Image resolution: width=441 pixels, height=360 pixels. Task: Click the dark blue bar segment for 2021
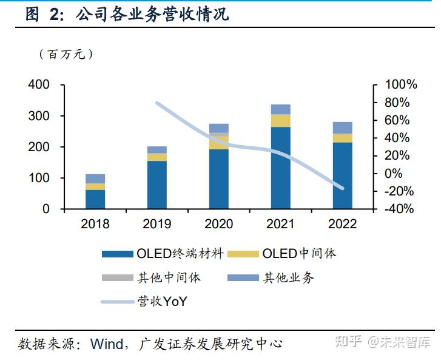[280, 168]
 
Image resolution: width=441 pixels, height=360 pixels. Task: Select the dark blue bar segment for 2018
[95, 199]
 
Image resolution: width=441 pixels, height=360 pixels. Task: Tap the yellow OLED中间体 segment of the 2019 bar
[157, 157]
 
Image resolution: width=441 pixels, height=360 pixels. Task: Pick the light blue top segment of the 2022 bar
[342, 127]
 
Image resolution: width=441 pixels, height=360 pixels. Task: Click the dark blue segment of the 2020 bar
[218, 178]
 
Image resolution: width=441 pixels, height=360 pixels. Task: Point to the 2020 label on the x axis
[218, 224]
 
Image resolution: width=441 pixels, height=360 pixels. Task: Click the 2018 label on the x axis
[95, 224]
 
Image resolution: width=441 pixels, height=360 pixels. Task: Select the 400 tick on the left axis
[38, 85]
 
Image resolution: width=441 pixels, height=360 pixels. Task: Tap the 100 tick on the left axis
[38, 178]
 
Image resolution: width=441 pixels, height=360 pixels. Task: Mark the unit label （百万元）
[66, 54]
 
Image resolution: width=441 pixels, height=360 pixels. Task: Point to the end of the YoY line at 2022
[342, 188]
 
